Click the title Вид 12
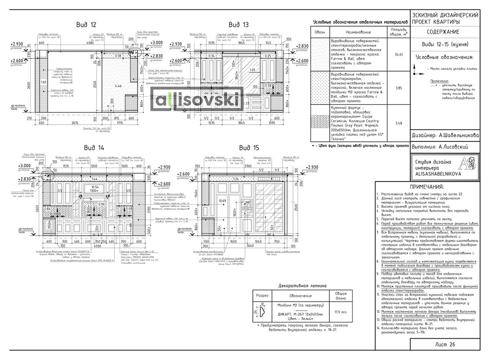[x=86, y=24]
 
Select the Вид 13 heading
[x=239, y=24]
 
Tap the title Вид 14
[x=94, y=147]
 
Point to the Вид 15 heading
[x=248, y=147]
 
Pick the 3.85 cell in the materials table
[x=396, y=87]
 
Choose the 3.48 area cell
[x=396, y=123]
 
